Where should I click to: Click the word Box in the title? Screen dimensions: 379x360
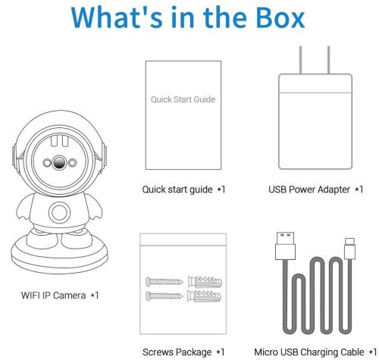tap(280, 17)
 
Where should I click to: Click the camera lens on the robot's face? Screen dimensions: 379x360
tap(59, 162)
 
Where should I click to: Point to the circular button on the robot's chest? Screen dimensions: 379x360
tap(59, 212)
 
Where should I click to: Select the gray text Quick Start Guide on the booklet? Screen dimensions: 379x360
tap(183, 99)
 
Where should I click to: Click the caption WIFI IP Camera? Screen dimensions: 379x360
tap(53, 295)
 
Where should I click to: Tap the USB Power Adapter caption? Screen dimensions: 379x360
tap(309, 189)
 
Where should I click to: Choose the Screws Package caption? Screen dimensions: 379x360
tap(177, 352)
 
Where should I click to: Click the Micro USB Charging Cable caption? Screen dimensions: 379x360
tap(309, 352)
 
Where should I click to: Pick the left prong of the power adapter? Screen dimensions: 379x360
tap(300, 60)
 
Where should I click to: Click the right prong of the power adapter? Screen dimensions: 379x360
tap(328, 60)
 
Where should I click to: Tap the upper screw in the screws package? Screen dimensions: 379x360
tap(164, 281)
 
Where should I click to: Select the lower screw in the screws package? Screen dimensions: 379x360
tap(164, 296)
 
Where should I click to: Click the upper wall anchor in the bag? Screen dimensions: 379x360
tap(205, 282)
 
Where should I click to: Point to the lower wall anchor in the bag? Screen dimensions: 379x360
tap(204, 296)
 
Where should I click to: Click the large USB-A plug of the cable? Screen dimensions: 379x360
tap(285, 246)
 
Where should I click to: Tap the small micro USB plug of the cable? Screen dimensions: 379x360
tap(350, 249)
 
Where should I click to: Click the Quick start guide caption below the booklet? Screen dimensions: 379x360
tap(177, 189)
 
